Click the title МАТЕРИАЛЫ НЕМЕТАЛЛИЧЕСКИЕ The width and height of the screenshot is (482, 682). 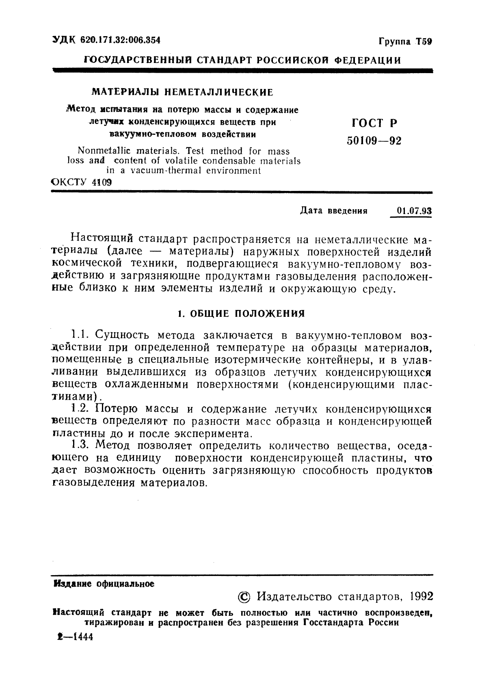click(x=182, y=92)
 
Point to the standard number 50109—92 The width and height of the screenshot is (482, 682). click(x=374, y=141)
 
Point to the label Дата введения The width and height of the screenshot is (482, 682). click(x=333, y=211)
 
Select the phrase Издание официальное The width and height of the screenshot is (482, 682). click(x=104, y=584)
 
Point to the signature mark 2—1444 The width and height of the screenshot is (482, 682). click(x=75, y=637)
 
